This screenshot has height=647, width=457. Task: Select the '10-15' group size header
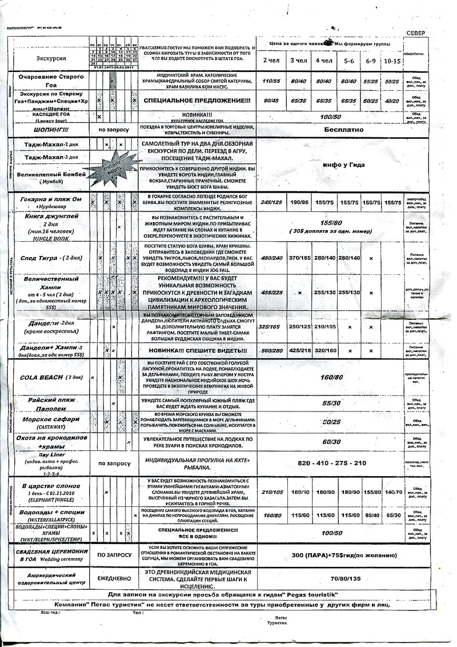pos(392,61)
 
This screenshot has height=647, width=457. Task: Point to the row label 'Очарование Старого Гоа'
pos(51,79)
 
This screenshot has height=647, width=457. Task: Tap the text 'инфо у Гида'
pos(343,165)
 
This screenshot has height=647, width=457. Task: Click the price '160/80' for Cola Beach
pos(331,378)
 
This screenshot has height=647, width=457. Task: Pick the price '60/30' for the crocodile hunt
pos(331,441)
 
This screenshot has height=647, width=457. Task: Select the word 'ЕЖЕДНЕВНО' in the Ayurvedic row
pos(114,578)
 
